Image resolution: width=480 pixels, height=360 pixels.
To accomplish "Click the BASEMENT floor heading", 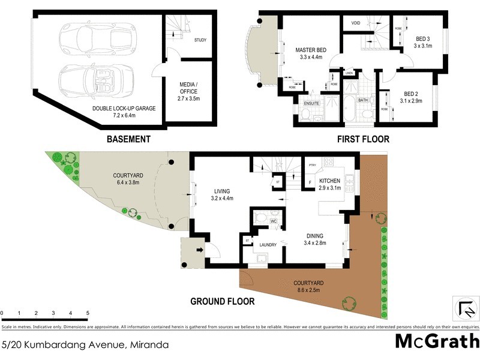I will [128, 139].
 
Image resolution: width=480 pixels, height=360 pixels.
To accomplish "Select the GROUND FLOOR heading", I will [222, 302].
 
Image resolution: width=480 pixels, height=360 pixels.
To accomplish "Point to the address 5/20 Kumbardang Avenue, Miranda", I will [85, 345].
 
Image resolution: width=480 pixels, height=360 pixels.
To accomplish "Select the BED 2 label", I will [411, 97].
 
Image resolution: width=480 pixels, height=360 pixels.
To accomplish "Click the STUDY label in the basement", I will [200, 40].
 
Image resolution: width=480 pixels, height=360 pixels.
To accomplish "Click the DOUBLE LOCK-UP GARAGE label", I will [124, 109].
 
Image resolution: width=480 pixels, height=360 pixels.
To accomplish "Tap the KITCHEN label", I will [329, 181].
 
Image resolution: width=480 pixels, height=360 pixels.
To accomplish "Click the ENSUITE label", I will [312, 103].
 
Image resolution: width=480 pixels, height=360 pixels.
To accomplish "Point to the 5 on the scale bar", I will [88, 313].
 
